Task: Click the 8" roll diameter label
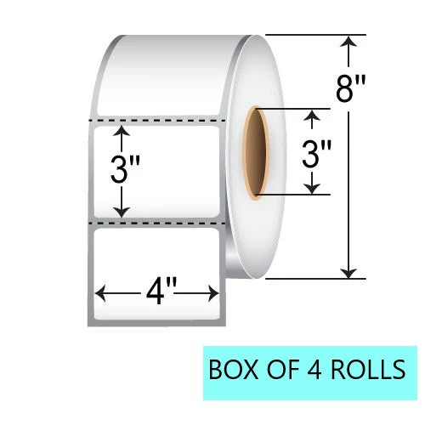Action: pos(350,89)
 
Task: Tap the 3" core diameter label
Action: pos(316,155)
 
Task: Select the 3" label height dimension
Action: pos(125,170)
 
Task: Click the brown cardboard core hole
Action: pos(255,153)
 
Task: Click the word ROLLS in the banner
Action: pos(368,369)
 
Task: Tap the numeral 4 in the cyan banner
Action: pos(314,369)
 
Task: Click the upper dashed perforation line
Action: pos(157,121)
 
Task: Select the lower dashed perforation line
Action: pos(157,224)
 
